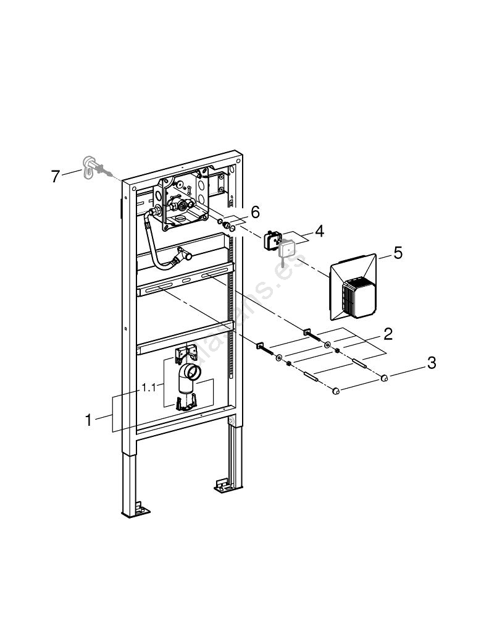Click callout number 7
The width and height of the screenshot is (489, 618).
tap(55, 177)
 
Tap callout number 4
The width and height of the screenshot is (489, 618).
tap(319, 232)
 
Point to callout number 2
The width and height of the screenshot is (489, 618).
tap(388, 334)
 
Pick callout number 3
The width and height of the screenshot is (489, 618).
tap(432, 363)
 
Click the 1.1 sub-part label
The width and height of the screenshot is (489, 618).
tap(148, 387)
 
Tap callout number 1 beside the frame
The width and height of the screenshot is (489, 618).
tap(88, 420)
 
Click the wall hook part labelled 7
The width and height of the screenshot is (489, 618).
tap(90, 166)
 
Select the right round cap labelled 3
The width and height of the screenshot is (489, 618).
tap(384, 378)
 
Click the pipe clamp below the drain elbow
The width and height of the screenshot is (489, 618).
tap(185, 403)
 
